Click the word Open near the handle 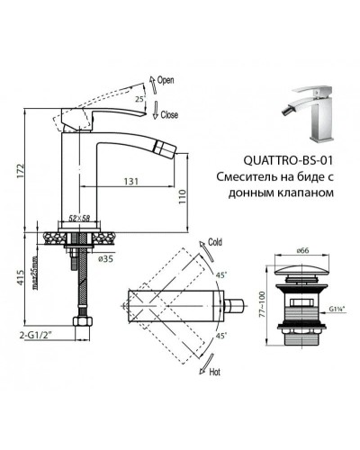coord(166,80)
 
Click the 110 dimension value coord(180,193)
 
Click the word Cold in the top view coord(214,241)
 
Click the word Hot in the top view coord(214,370)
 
